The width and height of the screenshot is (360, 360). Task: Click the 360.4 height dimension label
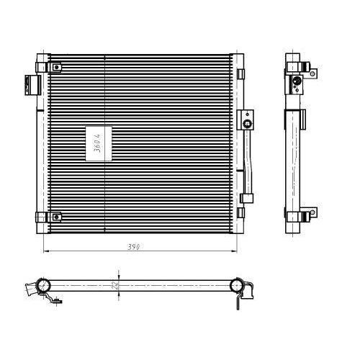click(94, 141)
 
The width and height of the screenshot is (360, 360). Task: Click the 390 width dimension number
click(134, 246)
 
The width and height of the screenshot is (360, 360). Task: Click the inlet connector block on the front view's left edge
click(30, 84)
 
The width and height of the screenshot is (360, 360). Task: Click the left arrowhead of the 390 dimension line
click(47, 252)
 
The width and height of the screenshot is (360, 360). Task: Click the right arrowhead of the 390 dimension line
click(235, 252)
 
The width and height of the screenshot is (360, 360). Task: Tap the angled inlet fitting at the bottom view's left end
click(29, 290)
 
